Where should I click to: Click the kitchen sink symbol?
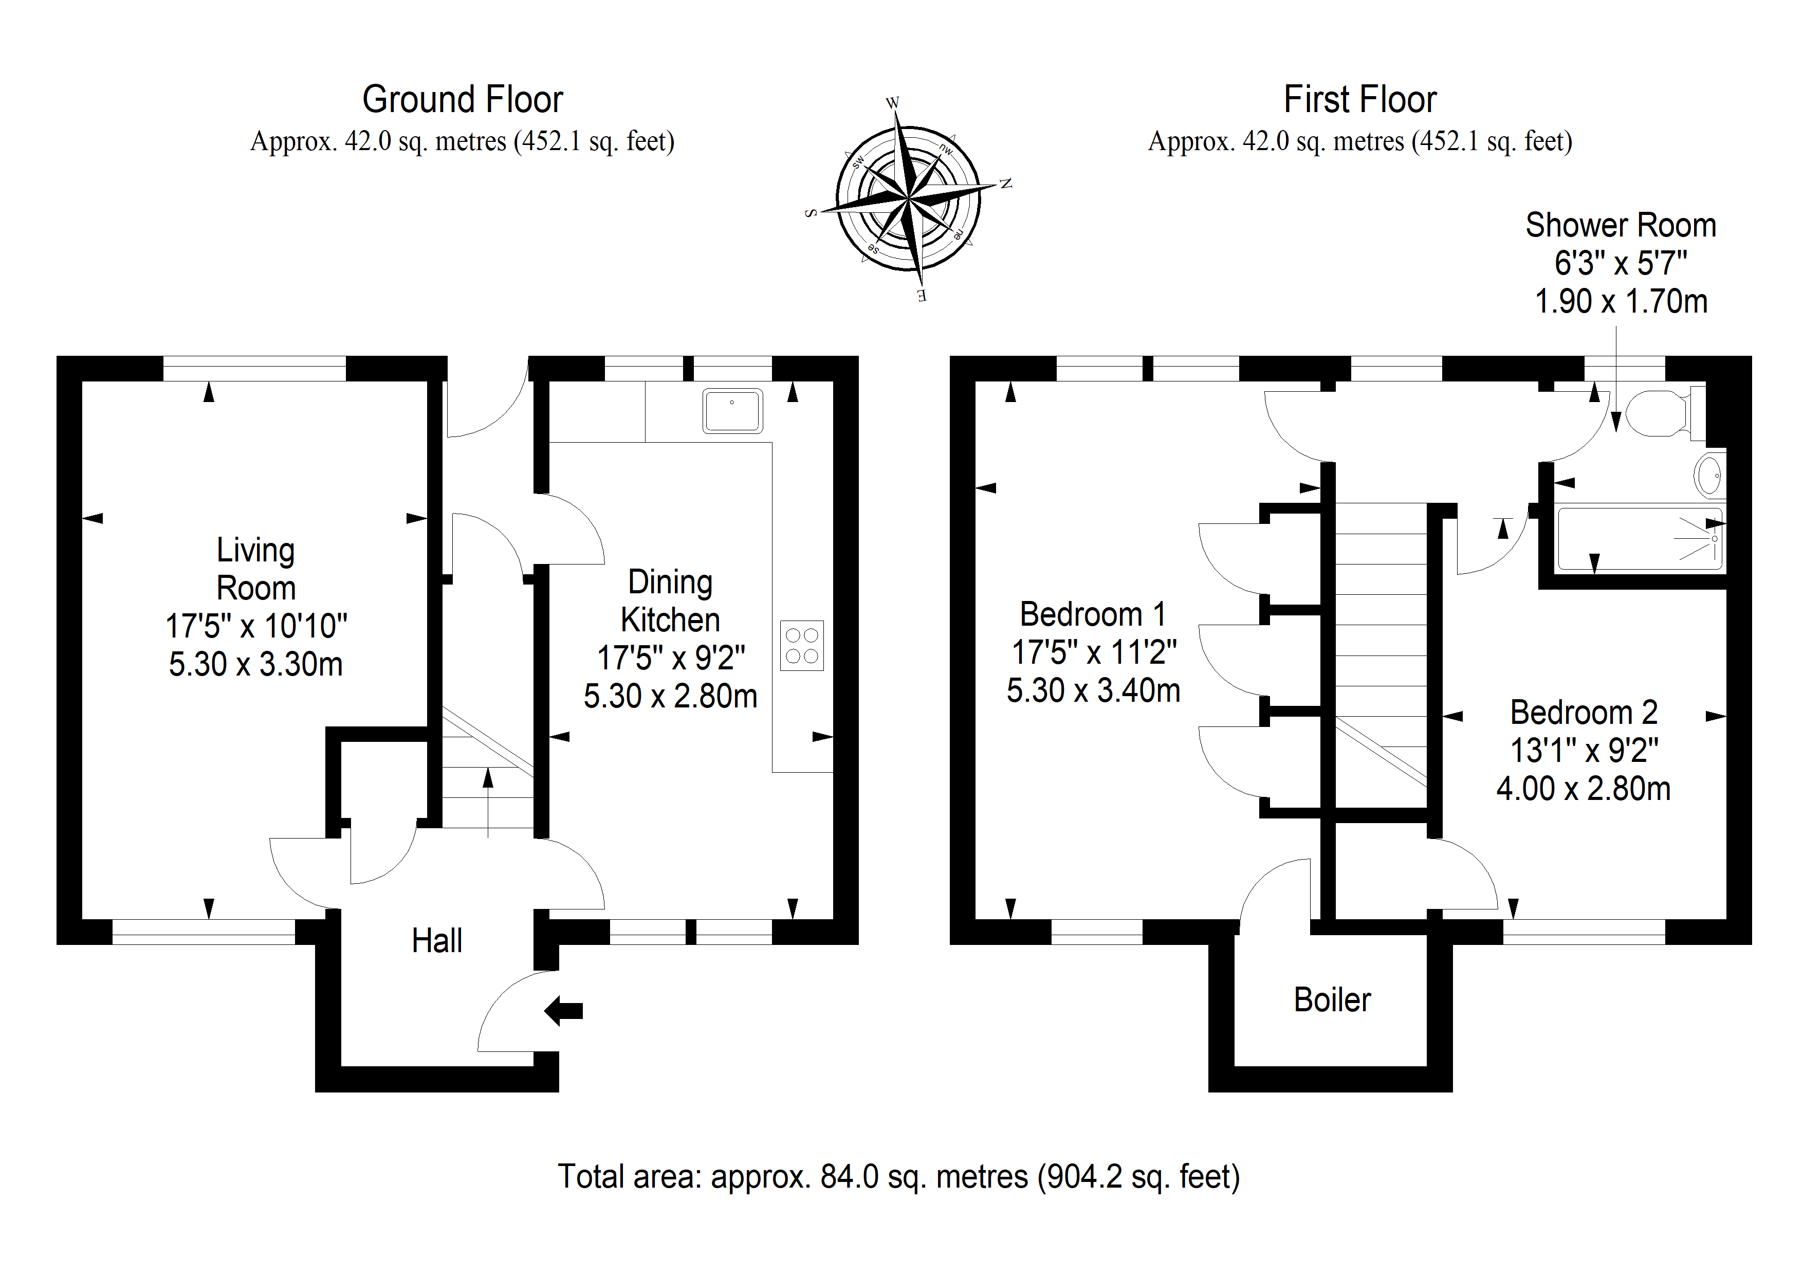(732, 410)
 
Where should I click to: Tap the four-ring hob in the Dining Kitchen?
(802, 645)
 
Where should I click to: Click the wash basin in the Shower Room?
(1711, 475)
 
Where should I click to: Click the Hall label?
(436, 940)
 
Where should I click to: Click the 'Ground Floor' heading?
(463, 100)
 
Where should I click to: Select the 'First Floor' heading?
(1360, 100)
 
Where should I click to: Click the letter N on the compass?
(1005, 184)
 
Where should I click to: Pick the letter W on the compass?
(892, 103)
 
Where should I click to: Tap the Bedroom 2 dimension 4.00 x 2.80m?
(1583, 789)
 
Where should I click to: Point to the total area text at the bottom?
(898, 1177)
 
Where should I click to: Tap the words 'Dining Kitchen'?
(670, 601)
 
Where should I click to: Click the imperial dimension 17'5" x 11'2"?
(1094, 652)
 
